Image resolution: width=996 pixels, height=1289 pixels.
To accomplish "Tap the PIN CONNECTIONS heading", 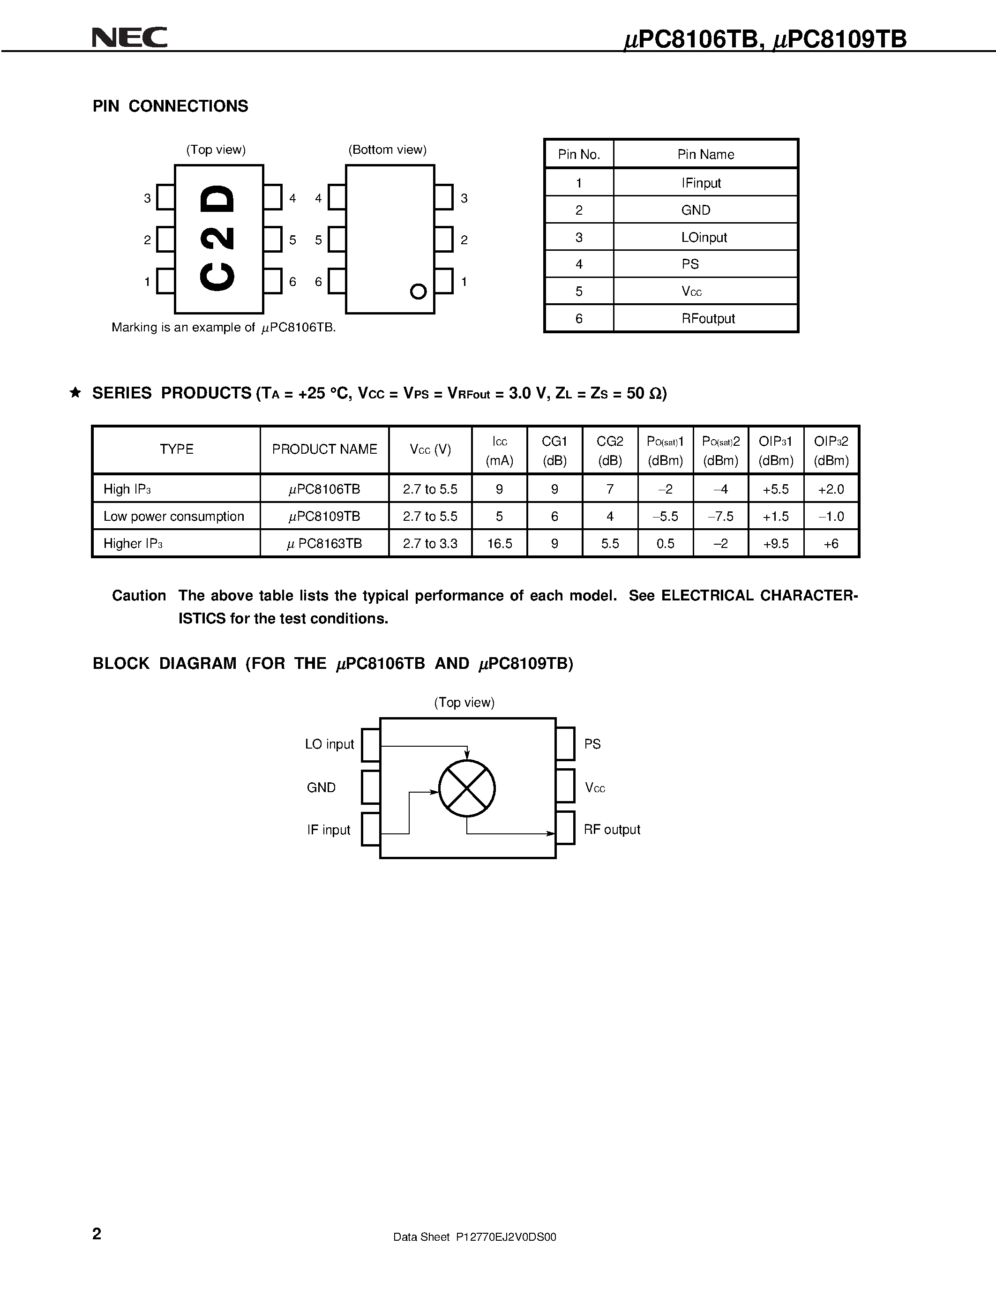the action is point(170,106).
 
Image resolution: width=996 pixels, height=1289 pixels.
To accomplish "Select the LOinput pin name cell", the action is point(704,237).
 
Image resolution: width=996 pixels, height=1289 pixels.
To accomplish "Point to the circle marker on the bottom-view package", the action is point(418,292).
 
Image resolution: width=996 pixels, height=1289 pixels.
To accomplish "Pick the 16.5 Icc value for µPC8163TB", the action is point(499,544).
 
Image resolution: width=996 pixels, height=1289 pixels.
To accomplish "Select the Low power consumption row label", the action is point(173,517).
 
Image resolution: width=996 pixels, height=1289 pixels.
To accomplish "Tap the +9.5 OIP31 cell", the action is point(775,544).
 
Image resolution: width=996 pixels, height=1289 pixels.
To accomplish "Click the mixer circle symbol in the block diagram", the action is point(467,788).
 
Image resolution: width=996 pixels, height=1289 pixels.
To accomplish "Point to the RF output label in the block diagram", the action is point(611,829).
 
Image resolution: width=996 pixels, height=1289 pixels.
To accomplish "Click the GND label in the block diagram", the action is point(321,787).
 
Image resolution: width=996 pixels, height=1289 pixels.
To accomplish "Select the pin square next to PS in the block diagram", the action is point(565,744).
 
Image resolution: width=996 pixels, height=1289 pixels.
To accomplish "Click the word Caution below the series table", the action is point(139,595).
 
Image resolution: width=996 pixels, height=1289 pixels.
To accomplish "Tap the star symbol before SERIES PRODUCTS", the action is point(75,392).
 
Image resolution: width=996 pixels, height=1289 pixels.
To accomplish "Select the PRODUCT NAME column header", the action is point(324,449).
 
